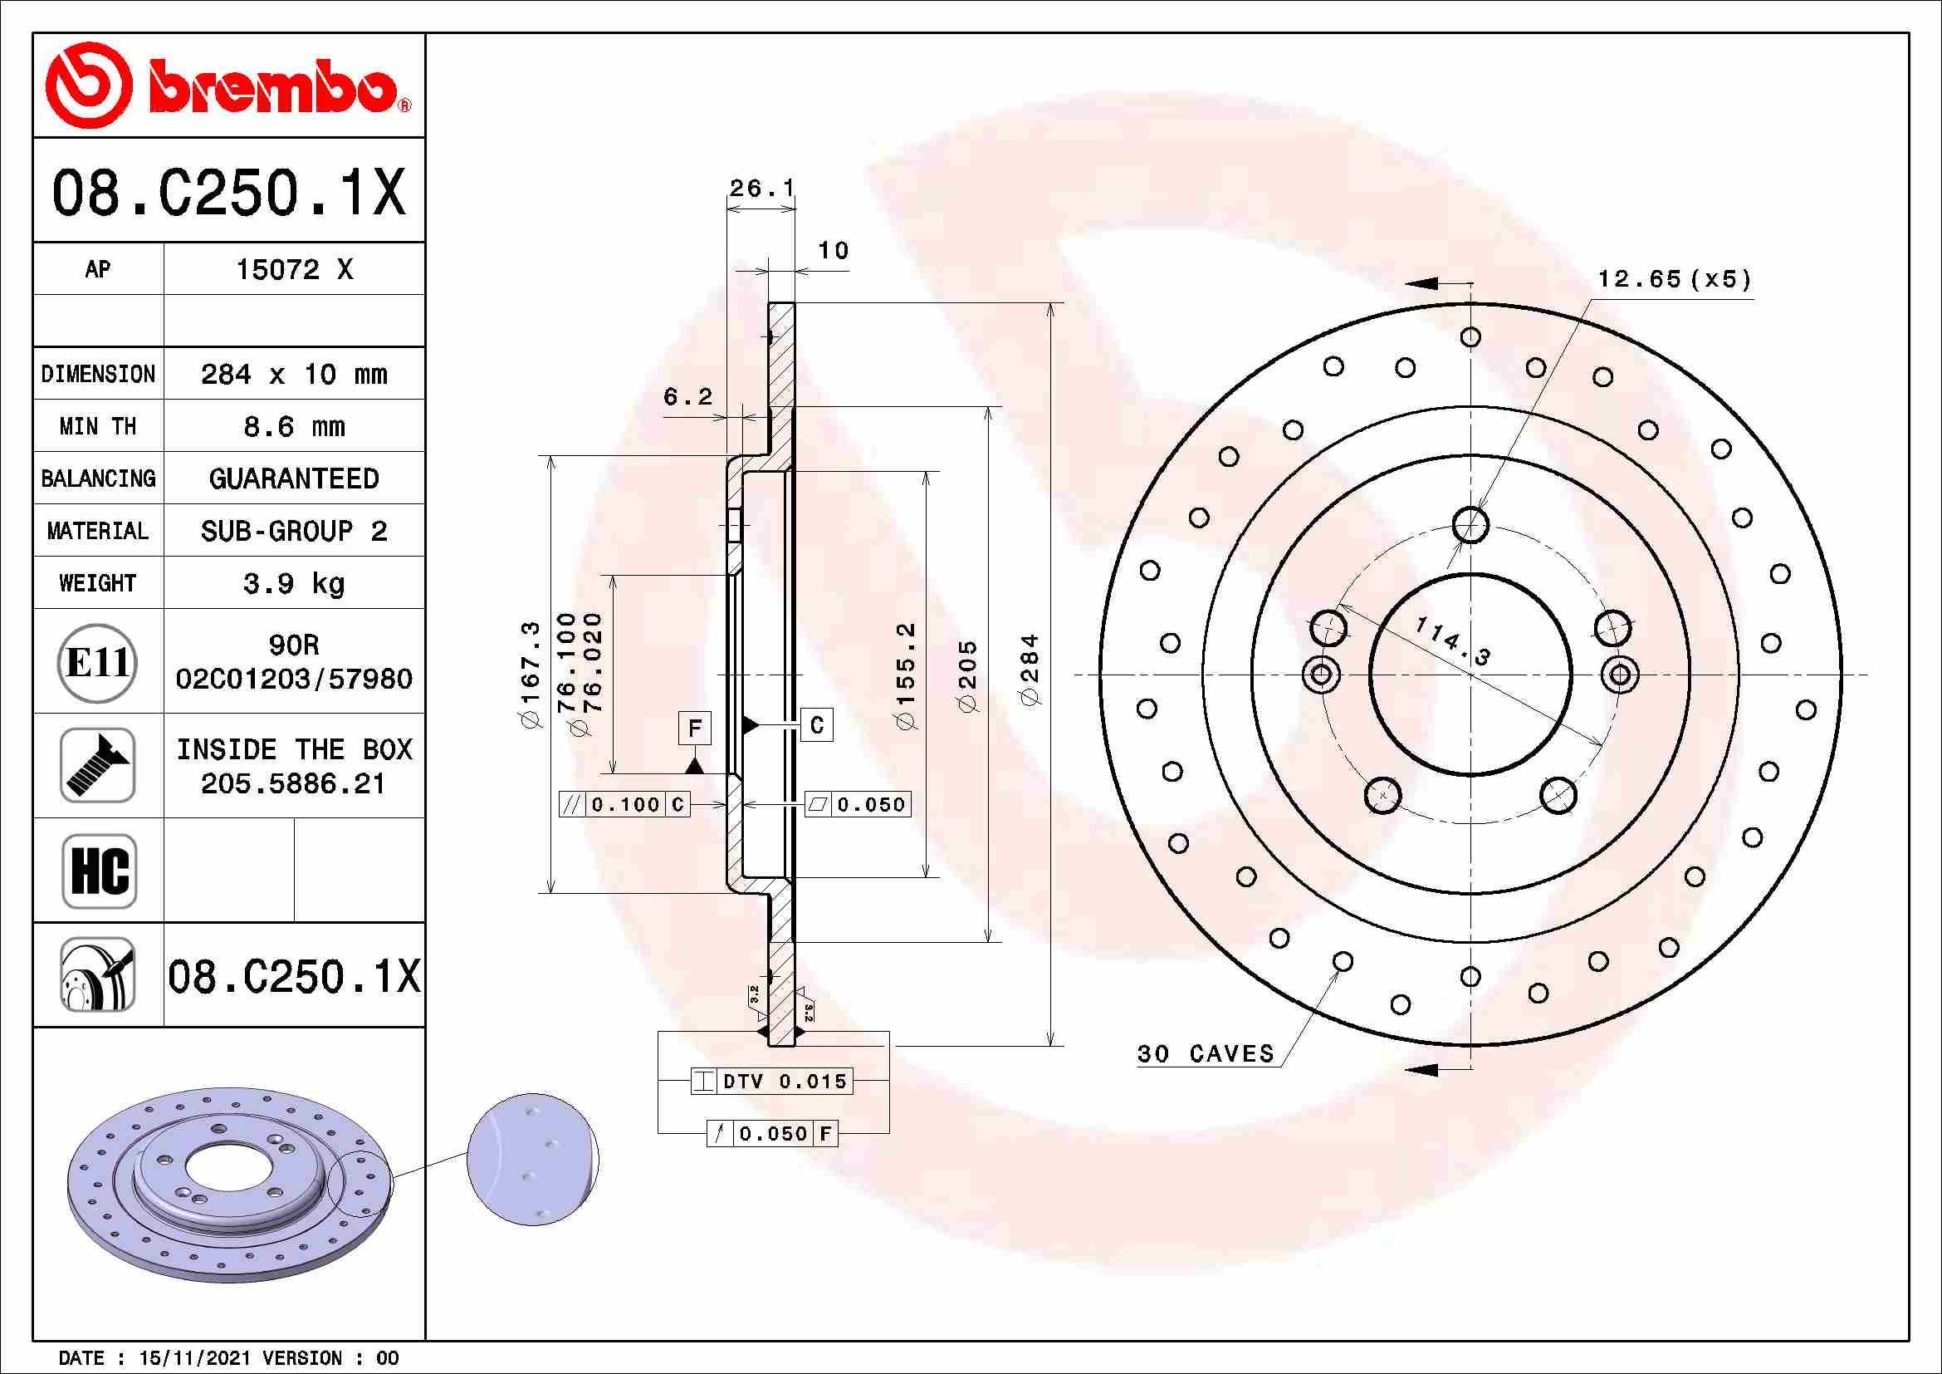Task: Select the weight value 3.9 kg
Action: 293,583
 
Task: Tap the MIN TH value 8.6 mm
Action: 293,426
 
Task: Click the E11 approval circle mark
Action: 97,662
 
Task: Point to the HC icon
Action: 99,871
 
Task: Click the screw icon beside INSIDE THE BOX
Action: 97,766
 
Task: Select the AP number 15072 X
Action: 293,270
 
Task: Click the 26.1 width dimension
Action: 761,188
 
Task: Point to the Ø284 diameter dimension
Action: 1031,670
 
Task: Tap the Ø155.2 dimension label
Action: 905,677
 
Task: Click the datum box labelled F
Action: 694,729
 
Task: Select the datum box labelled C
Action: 816,725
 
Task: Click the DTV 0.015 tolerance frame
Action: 771,1082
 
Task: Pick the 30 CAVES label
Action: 1205,1053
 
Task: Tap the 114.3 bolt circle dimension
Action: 1451,640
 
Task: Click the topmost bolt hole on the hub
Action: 1471,524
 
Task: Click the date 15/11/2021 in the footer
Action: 194,1358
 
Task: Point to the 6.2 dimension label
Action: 687,396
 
